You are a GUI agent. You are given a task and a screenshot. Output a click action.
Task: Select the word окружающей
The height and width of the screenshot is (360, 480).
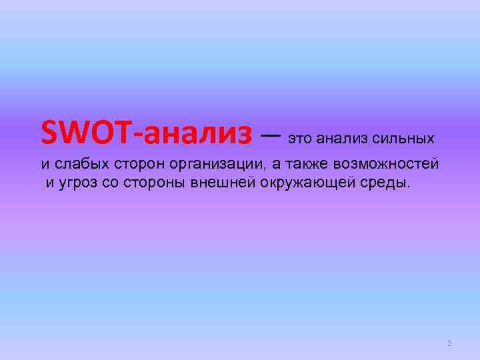301,183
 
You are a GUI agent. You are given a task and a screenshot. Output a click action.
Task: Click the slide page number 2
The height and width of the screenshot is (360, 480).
449,344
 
